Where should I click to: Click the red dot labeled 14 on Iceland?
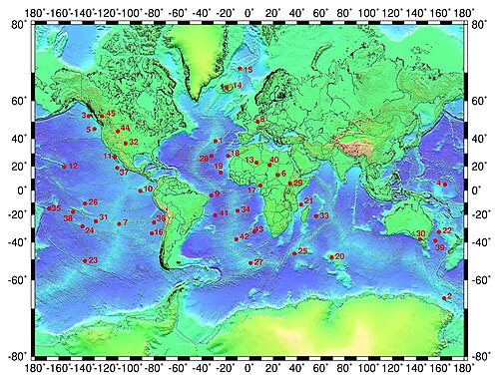pyautogui.click(x=227, y=88)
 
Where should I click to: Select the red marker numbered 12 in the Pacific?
pyautogui.click(x=64, y=167)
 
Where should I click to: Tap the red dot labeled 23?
pyautogui.click(x=85, y=261)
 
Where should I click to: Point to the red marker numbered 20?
pyautogui.click(x=331, y=257)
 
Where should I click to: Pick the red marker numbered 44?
pyautogui.click(x=118, y=130)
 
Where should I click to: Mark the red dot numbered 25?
pyautogui.click(x=294, y=252)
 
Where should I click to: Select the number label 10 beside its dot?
pyautogui.click(x=149, y=189)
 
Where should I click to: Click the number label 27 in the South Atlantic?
pyautogui.click(x=258, y=262)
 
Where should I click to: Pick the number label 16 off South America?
pyautogui.click(x=158, y=232)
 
